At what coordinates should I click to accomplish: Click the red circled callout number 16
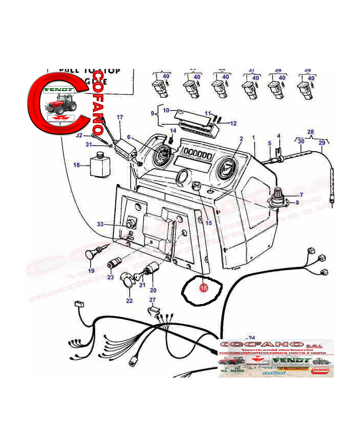pyautogui.click(x=203, y=289)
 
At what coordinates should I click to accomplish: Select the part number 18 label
pyautogui.click(x=77, y=165)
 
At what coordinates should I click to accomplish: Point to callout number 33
pyautogui.click(x=100, y=224)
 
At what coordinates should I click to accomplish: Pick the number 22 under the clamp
pyautogui.click(x=129, y=300)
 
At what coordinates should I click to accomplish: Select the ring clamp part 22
pyautogui.click(x=129, y=280)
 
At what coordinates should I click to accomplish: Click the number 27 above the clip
pyautogui.click(x=152, y=300)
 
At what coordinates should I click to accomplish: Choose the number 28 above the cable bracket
pyautogui.click(x=310, y=132)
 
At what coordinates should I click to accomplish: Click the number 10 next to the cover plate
pyautogui.click(x=166, y=110)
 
